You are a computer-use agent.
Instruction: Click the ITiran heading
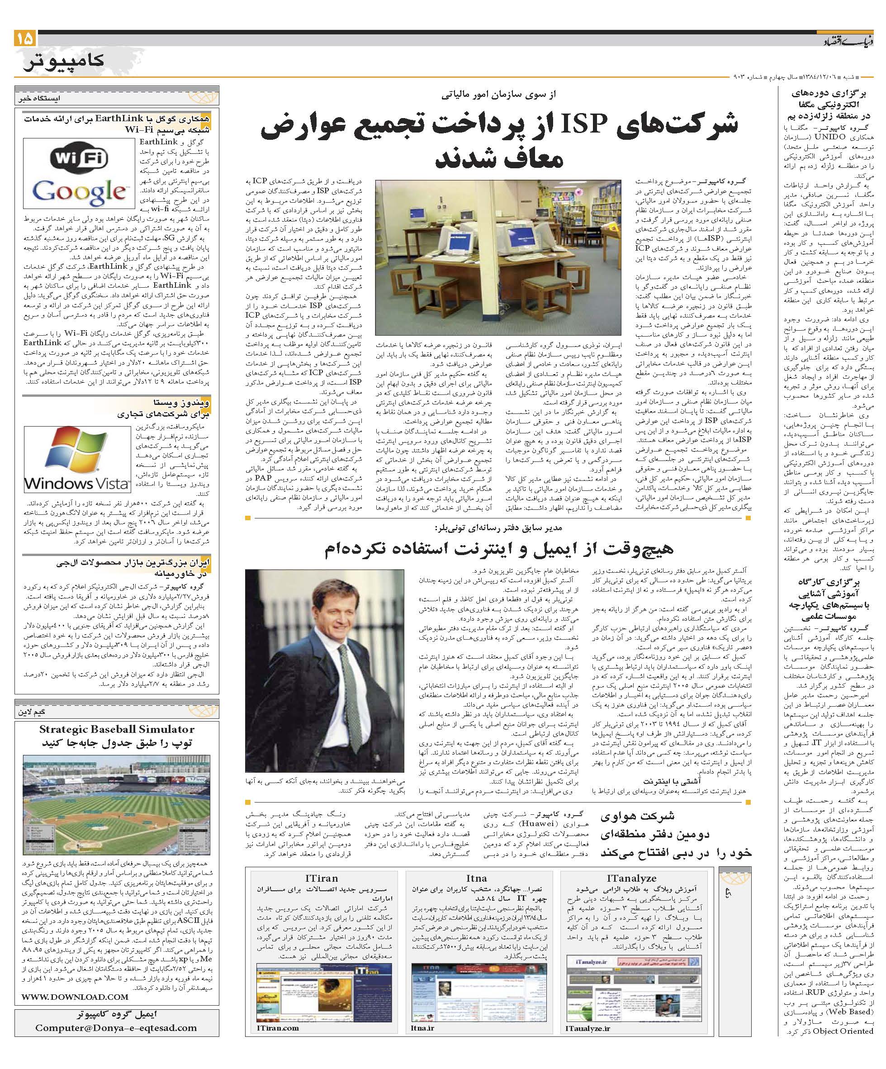point(322,878)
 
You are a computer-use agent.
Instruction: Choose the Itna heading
point(476,878)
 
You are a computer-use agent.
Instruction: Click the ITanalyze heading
point(631,878)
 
